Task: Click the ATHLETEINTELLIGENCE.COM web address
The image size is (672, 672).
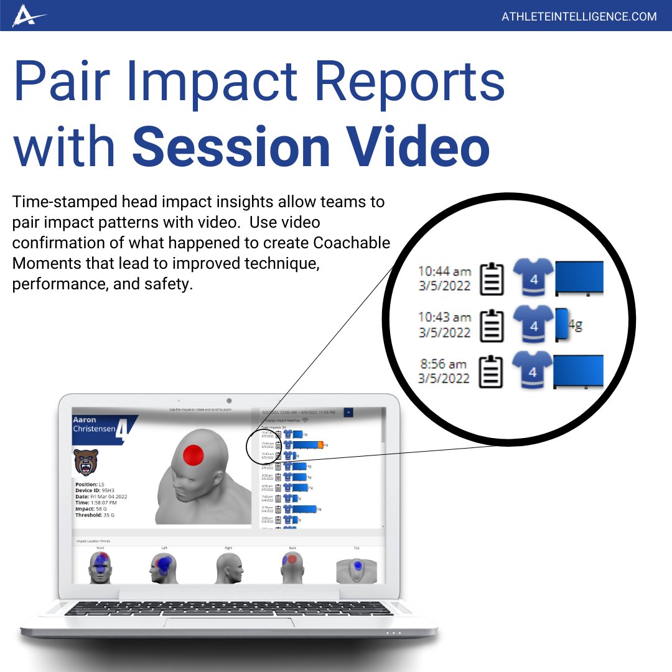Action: [x=579, y=16]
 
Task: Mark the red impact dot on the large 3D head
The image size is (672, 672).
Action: [x=194, y=455]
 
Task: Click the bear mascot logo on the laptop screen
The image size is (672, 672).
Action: [x=85, y=462]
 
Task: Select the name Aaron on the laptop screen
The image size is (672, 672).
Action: [x=85, y=420]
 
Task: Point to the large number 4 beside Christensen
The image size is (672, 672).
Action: [x=124, y=429]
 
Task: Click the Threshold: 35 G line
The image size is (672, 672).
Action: [x=94, y=515]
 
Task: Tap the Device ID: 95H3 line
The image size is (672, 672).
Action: [x=94, y=490]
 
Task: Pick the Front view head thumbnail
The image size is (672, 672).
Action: [x=100, y=567]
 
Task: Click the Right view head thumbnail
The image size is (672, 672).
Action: [x=228, y=568]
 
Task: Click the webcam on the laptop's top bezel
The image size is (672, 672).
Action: [x=229, y=400]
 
